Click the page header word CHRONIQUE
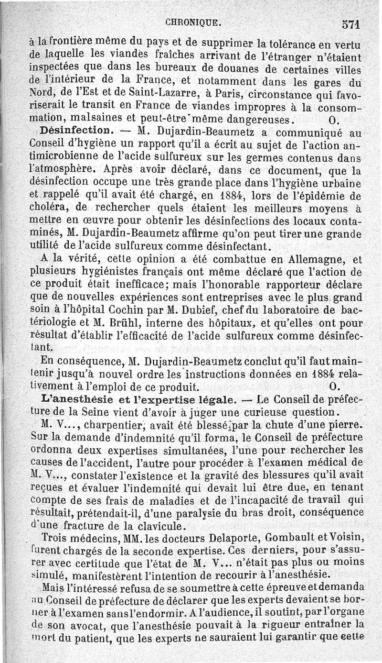click(193, 22)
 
